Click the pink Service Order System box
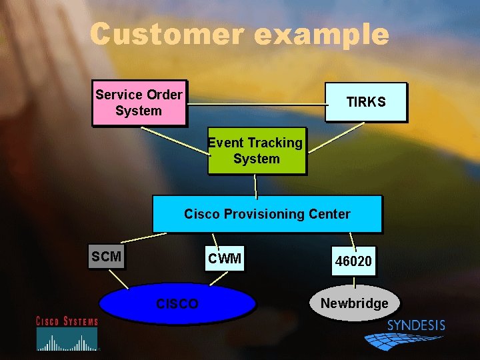point(139,103)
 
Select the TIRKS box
point(365,102)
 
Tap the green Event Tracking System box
point(257,151)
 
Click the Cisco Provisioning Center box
point(267,214)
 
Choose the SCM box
point(107,257)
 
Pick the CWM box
point(225,259)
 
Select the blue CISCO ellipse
point(177,304)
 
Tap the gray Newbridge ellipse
point(354,303)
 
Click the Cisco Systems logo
point(67,333)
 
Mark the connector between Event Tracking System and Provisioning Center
point(256,185)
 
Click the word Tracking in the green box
point(275,143)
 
